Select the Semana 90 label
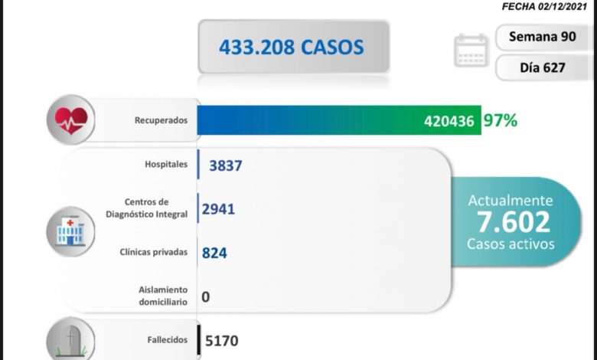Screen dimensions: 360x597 pyautogui.click(x=543, y=38)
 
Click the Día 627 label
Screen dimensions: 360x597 pyautogui.click(x=543, y=67)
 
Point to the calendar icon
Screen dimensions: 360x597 pyautogui.click(x=471, y=51)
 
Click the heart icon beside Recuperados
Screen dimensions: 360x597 pyautogui.click(x=70, y=119)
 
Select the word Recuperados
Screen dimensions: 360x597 pyautogui.click(x=161, y=120)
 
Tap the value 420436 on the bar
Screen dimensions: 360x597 pyautogui.click(x=449, y=120)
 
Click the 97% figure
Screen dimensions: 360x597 pyautogui.click(x=501, y=120)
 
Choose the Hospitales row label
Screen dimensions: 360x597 pyautogui.click(x=166, y=165)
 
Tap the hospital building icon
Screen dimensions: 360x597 pyautogui.click(x=70, y=228)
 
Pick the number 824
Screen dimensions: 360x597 pyautogui.click(x=215, y=252)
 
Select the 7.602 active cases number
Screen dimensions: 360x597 pyautogui.click(x=513, y=222)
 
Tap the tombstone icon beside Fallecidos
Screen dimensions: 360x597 pyautogui.click(x=70, y=339)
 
